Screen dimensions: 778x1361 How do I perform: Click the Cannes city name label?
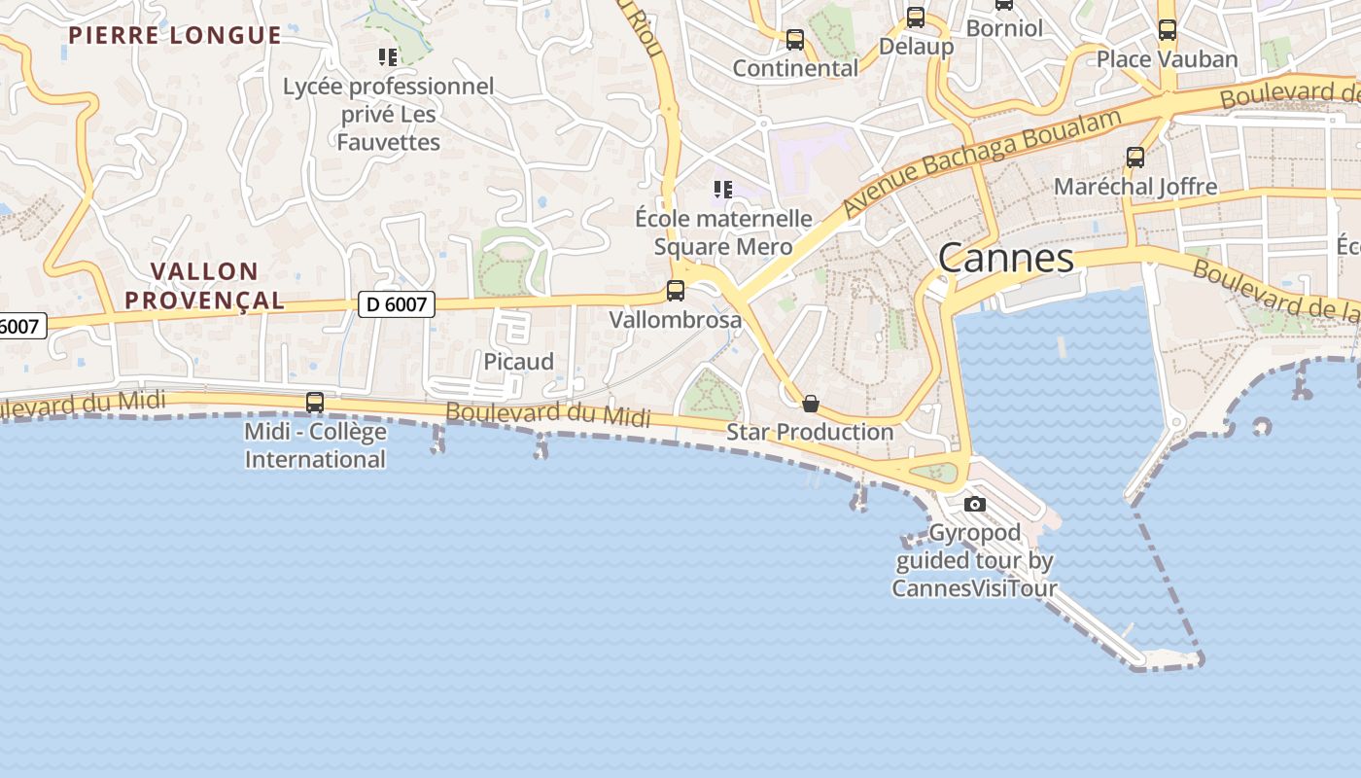(1006, 259)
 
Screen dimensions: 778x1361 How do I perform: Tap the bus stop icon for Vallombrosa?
(675, 290)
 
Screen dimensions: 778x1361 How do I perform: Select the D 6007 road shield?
(397, 304)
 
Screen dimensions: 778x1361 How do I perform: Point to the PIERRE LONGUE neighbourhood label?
(175, 36)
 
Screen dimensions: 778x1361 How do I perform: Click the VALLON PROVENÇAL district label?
(205, 286)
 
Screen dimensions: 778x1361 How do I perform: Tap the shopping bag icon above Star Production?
(810, 404)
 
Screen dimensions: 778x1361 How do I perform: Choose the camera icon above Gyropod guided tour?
(974, 504)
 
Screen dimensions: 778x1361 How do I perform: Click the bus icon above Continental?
(794, 40)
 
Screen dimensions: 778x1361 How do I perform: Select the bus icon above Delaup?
(915, 18)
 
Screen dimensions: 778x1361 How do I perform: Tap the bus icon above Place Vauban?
(1167, 30)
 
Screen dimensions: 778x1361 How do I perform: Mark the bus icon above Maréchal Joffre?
(1134, 157)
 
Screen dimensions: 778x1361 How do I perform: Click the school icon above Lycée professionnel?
(388, 57)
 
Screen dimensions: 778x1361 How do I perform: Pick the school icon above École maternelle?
(722, 189)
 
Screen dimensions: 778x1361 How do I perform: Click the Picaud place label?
(519, 362)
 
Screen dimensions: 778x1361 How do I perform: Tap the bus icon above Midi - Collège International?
(314, 402)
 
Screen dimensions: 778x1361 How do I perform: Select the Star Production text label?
(810, 432)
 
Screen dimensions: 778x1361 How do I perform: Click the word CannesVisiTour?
(974, 587)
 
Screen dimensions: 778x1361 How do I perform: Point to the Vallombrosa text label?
(675, 319)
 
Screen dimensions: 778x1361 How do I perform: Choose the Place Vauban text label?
(1167, 59)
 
